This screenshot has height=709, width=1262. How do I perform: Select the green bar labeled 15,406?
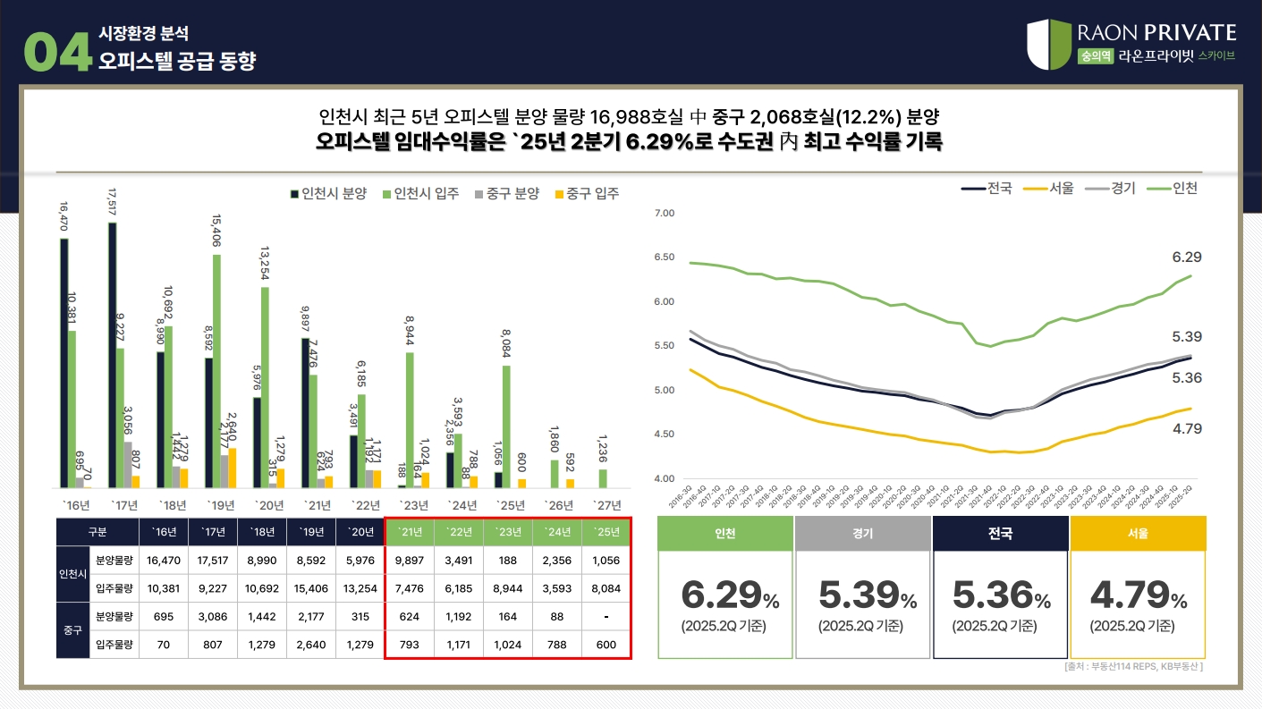(x=216, y=370)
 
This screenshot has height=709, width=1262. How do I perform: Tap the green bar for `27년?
(x=603, y=478)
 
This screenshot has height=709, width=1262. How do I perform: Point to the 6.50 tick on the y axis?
(x=664, y=257)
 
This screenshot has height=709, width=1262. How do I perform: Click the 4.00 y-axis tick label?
(x=664, y=479)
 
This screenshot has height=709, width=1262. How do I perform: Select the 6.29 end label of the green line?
(x=1186, y=257)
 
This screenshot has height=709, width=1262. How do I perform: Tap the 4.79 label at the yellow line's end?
(x=1186, y=429)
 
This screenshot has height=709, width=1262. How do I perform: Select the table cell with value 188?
(x=507, y=561)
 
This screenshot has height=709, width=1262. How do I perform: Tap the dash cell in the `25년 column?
(x=606, y=617)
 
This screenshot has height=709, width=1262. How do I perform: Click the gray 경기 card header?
(x=862, y=534)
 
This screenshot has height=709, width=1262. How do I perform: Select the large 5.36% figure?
(x=1000, y=595)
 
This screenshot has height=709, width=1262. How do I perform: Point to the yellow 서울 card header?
(x=1138, y=534)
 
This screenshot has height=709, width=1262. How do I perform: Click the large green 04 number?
(x=58, y=53)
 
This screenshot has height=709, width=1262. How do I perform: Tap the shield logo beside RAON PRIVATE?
(x=1048, y=44)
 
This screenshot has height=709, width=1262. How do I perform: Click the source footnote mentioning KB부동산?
(x=1133, y=667)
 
